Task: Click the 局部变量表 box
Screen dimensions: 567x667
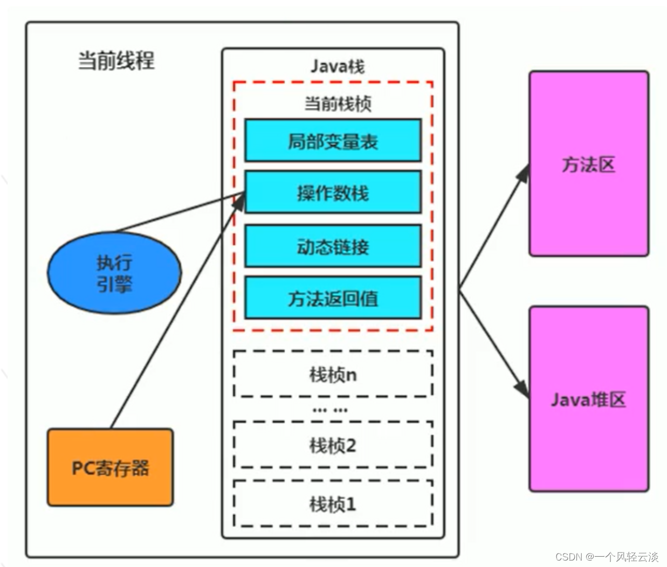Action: click(333, 141)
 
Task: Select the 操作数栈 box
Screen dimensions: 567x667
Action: click(333, 192)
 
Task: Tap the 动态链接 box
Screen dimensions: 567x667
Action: click(333, 246)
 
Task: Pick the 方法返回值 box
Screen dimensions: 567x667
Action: click(333, 298)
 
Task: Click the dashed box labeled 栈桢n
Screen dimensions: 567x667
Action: click(333, 374)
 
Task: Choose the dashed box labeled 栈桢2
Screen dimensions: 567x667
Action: click(333, 445)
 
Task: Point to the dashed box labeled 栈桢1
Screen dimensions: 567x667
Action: click(333, 504)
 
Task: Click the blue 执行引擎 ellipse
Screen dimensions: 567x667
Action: click(114, 273)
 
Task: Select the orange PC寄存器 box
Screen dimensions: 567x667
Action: click(110, 467)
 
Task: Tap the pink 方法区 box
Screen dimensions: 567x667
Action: click(589, 163)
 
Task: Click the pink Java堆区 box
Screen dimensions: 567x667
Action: click(589, 399)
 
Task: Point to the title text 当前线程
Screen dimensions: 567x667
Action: click(116, 60)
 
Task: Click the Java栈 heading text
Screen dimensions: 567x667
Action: click(337, 66)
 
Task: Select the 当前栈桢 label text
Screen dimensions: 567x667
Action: click(337, 103)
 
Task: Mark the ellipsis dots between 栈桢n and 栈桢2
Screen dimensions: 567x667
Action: click(330, 410)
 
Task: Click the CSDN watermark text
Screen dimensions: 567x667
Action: click(607, 557)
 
